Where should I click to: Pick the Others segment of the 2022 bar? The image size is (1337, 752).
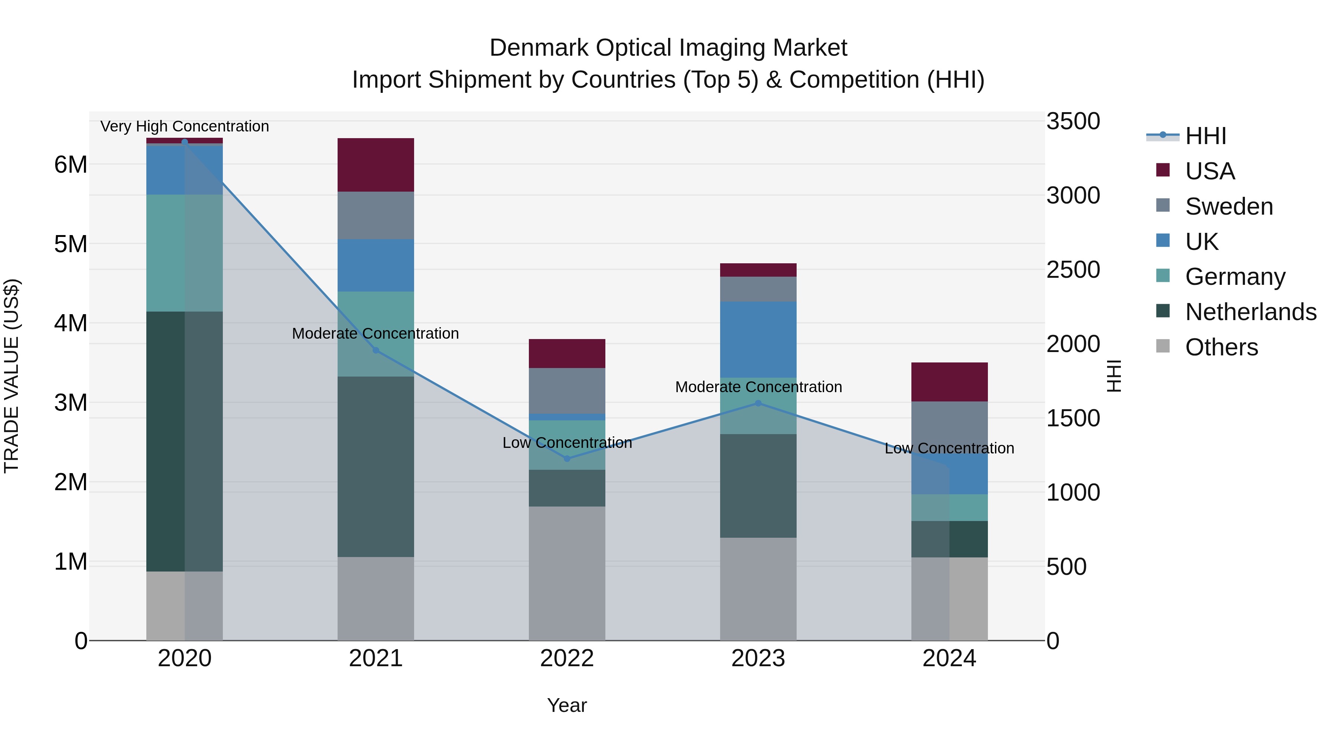(x=567, y=573)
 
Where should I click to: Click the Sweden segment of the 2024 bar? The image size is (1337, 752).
(x=949, y=426)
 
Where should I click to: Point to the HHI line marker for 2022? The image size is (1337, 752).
(x=567, y=458)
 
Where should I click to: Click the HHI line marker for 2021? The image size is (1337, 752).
(x=376, y=350)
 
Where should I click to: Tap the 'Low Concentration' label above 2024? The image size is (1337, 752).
(x=949, y=448)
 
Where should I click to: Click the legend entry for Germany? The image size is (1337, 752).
(x=1235, y=277)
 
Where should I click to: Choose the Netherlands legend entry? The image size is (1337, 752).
(x=1250, y=312)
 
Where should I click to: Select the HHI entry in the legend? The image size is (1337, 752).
(x=1205, y=136)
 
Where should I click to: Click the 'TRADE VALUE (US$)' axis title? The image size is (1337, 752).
(x=12, y=376)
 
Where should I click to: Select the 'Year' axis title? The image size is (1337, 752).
(x=567, y=705)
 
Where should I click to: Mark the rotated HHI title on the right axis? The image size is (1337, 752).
(x=1114, y=376)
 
